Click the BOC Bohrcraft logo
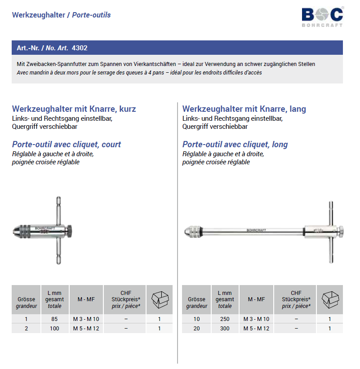[322, 17]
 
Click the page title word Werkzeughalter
[38, 15]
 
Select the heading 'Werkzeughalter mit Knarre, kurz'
[74, 109]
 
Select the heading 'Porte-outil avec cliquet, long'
[235, 145]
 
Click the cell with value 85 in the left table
[55, 319]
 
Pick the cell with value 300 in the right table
[225, 328]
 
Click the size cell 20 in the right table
[197, 328]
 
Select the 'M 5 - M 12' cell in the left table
[86, 328]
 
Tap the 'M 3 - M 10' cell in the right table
[256, 319]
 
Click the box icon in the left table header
[159, 299]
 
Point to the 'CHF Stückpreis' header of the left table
[126, 299]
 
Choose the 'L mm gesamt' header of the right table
[225, 299]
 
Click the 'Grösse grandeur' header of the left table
[27, 303]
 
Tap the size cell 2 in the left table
[27, 328]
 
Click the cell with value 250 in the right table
[225, 319]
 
